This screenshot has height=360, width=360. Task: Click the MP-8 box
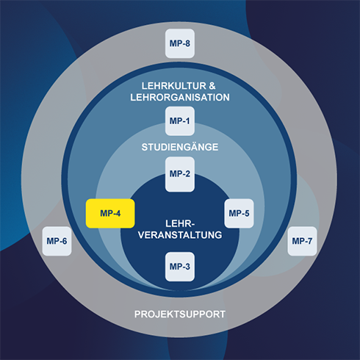(180, 43)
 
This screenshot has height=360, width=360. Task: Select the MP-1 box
(180, 121)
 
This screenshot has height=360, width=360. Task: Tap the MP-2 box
(180, 174)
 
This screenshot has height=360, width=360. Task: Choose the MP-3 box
(180, 267)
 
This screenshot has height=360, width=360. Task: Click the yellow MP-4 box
(110, 213)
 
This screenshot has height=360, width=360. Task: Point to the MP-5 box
(239, 213)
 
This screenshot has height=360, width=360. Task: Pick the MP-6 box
(57, 241)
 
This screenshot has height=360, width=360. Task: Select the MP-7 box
(302, 241)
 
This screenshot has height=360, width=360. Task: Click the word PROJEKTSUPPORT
(180, 314)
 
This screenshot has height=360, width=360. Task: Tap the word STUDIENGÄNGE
(180, 146)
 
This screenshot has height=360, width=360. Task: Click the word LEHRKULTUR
(174, 86)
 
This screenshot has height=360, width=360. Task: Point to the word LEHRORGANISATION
(180, 98)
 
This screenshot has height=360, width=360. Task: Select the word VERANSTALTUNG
(180, 235)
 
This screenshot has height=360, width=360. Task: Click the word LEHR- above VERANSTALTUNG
(180, 223)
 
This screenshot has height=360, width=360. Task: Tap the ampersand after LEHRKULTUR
(212, 86)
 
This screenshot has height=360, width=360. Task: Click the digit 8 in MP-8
(187, 43)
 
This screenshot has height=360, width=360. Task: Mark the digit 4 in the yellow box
(118, 213)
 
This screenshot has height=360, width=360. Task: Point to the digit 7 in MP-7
(309, 241)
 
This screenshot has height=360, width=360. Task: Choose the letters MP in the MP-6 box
(52, 241)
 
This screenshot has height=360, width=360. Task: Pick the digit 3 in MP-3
(187, 267)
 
